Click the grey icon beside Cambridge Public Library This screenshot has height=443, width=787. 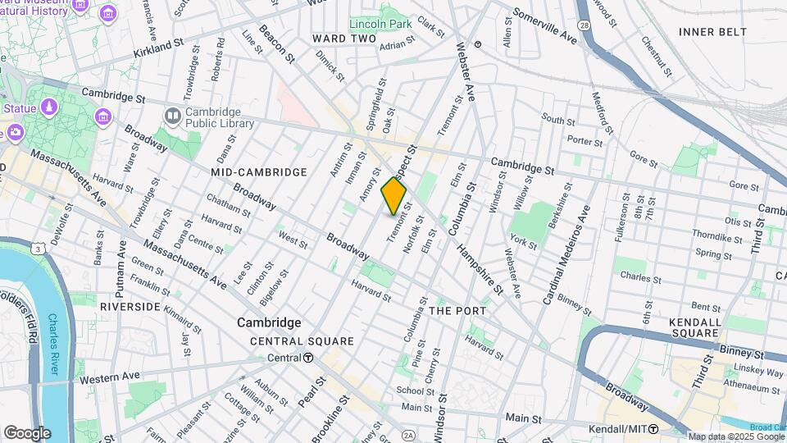pyautogui.click(x=172, y=118)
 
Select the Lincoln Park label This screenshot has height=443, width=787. pyautogui.click(x=380, y=24)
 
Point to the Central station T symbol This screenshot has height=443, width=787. pyautogui.click(x=307, y=358)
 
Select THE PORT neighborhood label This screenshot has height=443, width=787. pyautogui.click(x=457, y=311)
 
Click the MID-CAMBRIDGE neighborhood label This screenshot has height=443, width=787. pyautogui.click(x=258, y=172)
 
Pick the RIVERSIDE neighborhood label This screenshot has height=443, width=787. pyautogui.click(x=130, y=306)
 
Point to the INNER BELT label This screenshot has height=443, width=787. pyautogui.click(x=712, y=32)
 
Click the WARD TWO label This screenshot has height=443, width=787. pyautogui.click(x=344, y=39)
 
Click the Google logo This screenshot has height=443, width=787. pyautogui.click(x=27, y=433)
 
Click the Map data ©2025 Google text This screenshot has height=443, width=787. pyautogui.click(x=735, y=436)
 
